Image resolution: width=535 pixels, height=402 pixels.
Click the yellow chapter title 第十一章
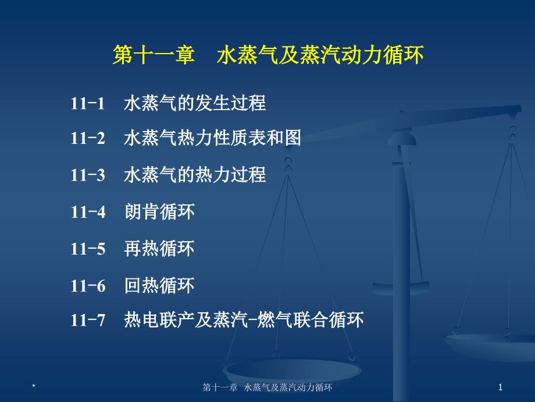(x=154, y=55)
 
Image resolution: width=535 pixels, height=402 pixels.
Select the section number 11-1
(x=88, y=103)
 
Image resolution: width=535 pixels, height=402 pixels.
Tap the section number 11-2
(x=88, y=139)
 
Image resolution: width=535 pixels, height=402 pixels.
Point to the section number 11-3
(x=88, y=175)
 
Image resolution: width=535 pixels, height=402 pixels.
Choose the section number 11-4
(x=88, y=212)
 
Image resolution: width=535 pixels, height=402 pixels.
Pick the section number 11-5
(x=88, y=249)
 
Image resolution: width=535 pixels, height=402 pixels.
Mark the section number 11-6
(x=88, y=286)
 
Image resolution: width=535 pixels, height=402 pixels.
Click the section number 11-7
(x=88, y=320)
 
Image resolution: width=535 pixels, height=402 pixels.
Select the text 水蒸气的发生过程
(x=195, y=103)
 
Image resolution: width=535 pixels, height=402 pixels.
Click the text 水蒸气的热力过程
(x=195, y=174)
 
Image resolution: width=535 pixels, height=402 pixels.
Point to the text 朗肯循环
(x=159, y=211)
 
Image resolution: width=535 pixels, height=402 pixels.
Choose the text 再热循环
(x=159, y=248)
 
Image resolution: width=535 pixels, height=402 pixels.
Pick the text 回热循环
(x=159, y=285)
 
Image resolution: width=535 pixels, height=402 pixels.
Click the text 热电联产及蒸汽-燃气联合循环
(x=244, y=320)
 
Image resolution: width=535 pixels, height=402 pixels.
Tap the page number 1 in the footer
(x=500, y=387)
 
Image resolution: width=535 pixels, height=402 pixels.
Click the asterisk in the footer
(x=34, y=386)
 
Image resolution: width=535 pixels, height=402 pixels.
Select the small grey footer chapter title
(x=267, y=387)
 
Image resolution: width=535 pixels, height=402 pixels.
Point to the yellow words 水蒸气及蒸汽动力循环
(x=320, y=55)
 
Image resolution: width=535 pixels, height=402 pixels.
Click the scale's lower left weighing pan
(x=292, y=370)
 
